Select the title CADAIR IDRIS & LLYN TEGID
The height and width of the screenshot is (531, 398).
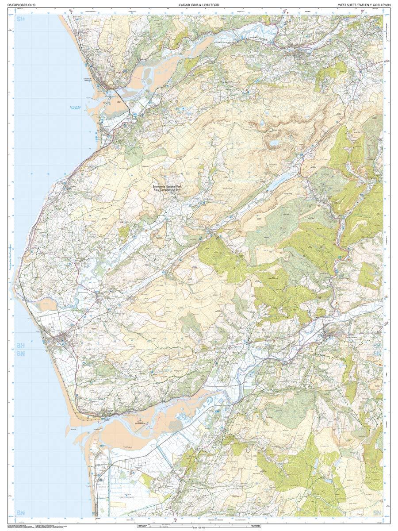(199, 5)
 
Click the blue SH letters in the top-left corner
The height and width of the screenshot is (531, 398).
(20, 19)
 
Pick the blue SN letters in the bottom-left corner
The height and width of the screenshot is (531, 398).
(20, 512)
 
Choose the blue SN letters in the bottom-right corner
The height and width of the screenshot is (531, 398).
(377, 512)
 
